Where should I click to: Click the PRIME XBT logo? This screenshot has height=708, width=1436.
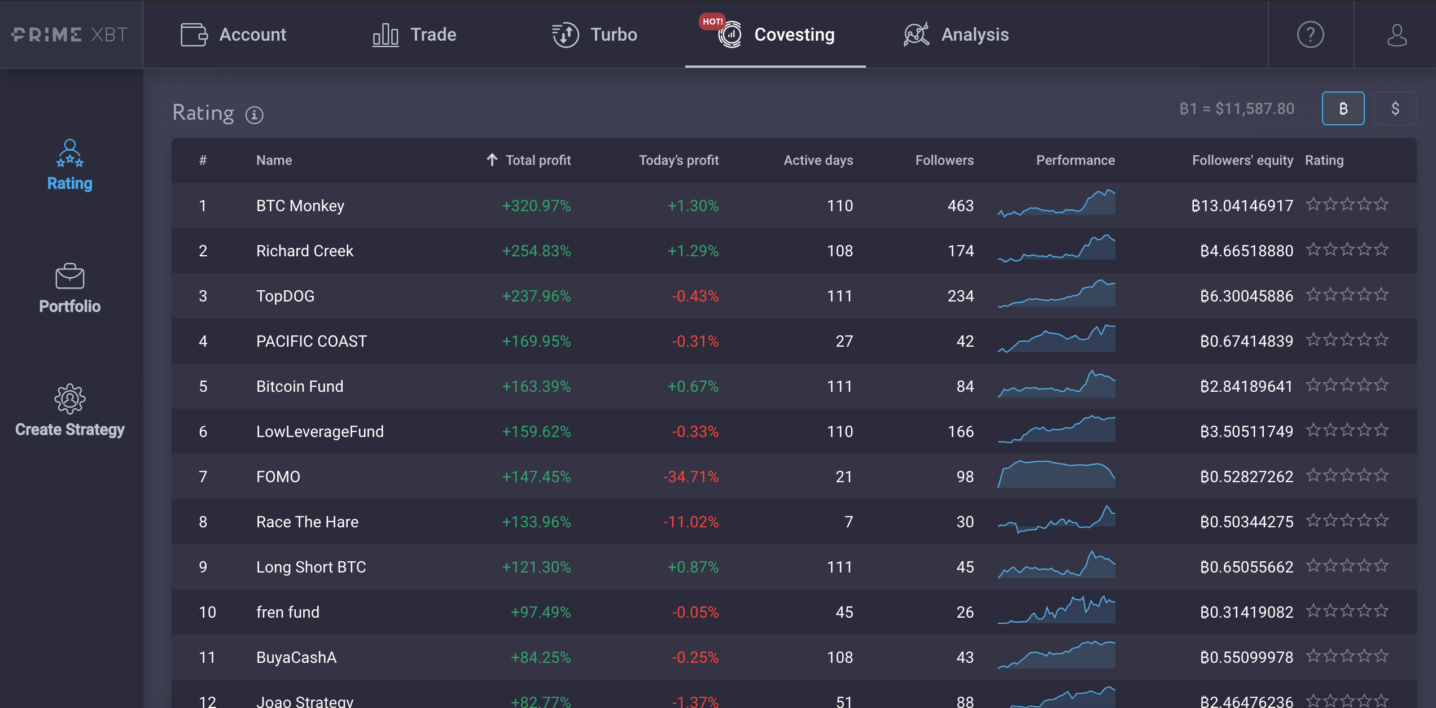70,34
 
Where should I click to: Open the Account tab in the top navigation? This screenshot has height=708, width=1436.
233,34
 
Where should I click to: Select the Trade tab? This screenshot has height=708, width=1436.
414,34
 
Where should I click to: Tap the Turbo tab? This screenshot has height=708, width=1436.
594,34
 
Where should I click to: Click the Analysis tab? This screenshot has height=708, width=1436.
956,34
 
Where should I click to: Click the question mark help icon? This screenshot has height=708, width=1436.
1310,34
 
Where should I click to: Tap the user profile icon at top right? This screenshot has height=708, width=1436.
1396,34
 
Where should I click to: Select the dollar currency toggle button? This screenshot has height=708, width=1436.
1395,108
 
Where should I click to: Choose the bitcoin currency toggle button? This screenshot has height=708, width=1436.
1343,108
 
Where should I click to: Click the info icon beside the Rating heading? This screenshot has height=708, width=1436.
254,115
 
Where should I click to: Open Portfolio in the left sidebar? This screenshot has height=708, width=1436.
70,289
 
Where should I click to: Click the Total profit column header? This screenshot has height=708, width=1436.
529,160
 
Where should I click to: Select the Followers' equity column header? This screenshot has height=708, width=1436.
1242,160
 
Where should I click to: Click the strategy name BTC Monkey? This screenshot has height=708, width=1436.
300,206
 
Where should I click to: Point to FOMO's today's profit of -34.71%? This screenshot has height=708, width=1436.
691,477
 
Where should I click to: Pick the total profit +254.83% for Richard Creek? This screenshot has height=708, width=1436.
536,251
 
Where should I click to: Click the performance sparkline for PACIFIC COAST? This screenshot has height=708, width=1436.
1056,339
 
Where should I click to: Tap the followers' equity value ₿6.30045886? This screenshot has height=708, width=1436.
1246,296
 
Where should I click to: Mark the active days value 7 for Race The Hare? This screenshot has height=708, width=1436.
848,522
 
